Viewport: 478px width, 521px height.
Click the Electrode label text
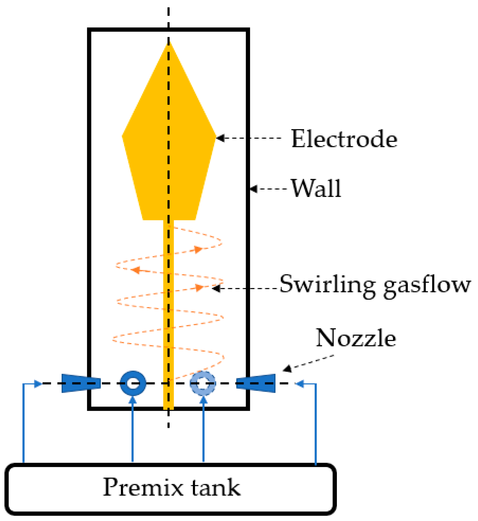pos(344,139)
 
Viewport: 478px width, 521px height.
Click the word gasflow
pos(427,286)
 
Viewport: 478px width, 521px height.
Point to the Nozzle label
pos(356,338)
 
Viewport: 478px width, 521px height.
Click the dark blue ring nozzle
pos(133,383)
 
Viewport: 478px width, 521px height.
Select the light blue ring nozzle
pos(203,383)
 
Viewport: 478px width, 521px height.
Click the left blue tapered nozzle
pos(81,383)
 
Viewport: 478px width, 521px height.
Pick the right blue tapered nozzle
pos(256,383)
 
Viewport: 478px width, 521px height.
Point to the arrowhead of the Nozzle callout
pos(287,369)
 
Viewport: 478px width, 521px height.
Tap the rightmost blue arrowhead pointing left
pos(300,384)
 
